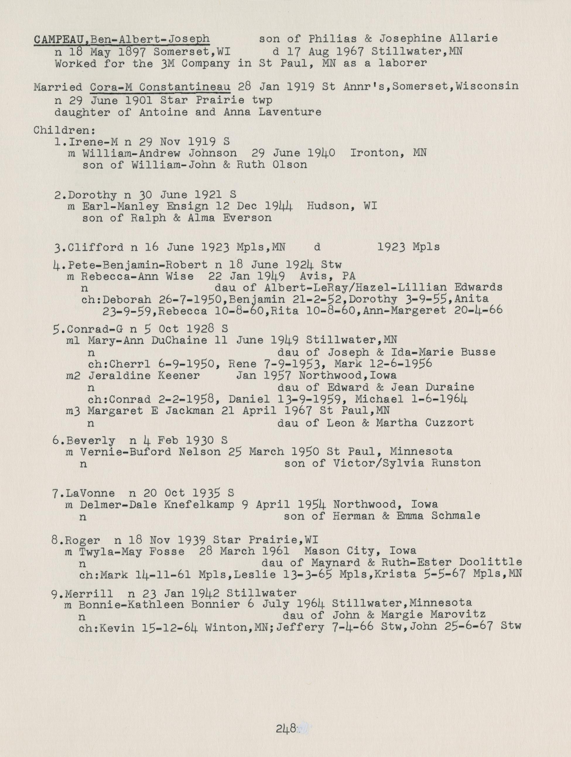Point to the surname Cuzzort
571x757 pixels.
tap(449, 423)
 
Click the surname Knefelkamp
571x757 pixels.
tap(199, 504)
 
